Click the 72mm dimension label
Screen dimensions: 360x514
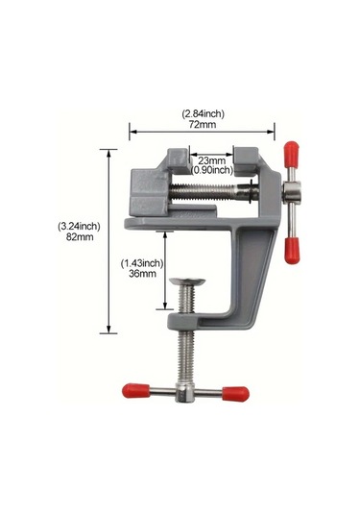(203, 125)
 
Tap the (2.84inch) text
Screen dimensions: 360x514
(204, 113)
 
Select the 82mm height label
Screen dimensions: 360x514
(80, 237)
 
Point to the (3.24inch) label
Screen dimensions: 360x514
(79, 226)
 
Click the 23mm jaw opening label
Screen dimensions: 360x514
(212, 161)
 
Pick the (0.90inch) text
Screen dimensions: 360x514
(212, 170)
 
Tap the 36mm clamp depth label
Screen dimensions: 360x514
(142, 274)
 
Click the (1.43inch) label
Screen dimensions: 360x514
(142, 263)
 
